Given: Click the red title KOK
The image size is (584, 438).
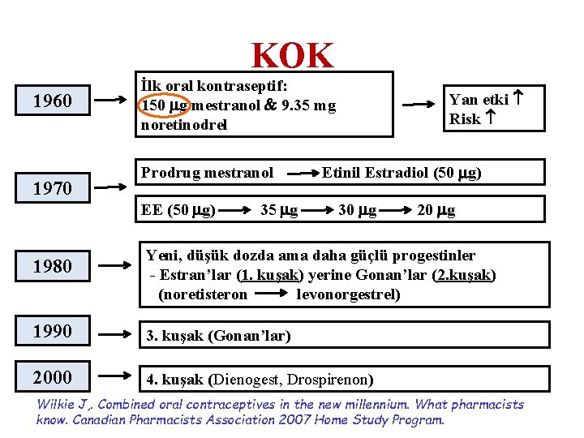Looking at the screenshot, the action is click(292, 56).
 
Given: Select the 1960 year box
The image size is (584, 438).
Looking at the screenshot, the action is click(53, 101).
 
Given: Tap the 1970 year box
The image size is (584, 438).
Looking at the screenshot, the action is click(53, 189).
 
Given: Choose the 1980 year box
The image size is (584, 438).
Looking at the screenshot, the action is click(53, 266).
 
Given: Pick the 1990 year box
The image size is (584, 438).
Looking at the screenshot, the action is click(53, 332).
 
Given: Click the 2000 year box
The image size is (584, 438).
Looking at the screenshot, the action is click(53, 377).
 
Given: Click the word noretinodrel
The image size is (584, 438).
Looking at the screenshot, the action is click(184, 125).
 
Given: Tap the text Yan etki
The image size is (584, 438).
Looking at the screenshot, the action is click(479, 100).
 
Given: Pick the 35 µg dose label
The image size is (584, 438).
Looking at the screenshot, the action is click(279, 211).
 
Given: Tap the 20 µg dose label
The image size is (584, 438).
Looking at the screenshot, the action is click(436, 211).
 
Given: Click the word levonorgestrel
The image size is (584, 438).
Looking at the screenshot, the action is click(348, 294).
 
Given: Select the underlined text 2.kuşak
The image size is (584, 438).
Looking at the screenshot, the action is click(466, 275).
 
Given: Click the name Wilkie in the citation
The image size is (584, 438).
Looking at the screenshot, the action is click(58, 405).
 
